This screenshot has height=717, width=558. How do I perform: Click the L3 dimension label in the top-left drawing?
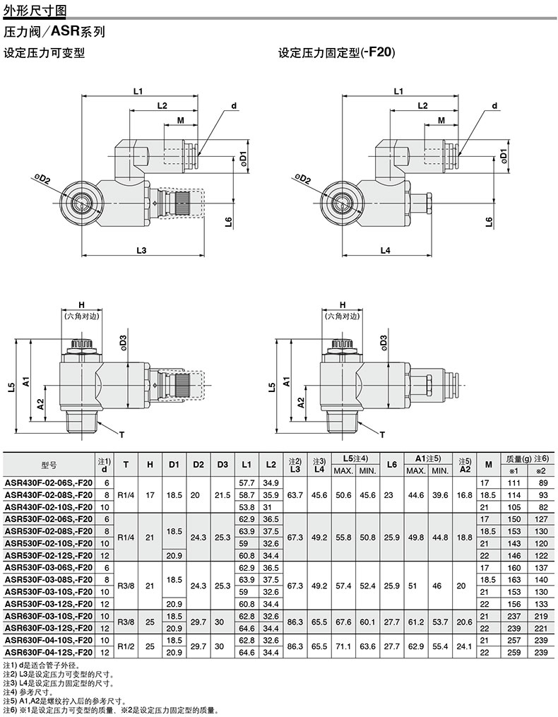pyautogui.click(x=141, y=250)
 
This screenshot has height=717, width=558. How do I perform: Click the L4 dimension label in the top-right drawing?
pyautogui.click(x=386, y=250)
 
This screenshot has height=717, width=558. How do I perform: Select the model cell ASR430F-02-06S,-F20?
pyautogui.click(x=49, y=482)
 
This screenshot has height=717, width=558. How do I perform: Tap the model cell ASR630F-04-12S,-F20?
pyautogui.click(x=49, y=653)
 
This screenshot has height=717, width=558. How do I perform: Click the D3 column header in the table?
pyautogui.click(x=222, y=465)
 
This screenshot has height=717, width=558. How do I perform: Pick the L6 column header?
pyautogui.click(x=391, y=465)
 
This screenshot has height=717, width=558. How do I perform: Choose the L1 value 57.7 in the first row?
pyautogui.click(x=247, y=482)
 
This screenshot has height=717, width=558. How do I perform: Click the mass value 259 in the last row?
pyautogui.click(x=514, y=653)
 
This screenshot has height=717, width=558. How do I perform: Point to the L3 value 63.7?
pyautogui.click(x=295, y=494)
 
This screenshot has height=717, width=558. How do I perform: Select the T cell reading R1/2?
pyautogui.click(x=126, y=646)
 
